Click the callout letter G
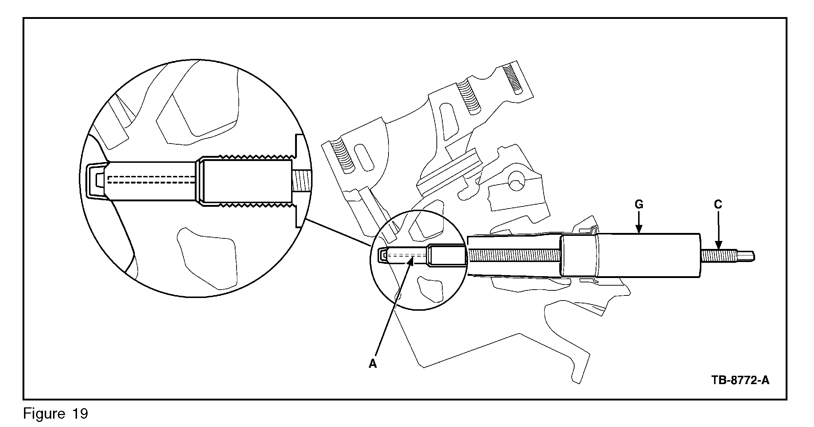639,205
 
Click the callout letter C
718,205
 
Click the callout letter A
373,363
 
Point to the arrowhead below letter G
639,229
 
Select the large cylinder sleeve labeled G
630,255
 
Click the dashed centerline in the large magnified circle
153,179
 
